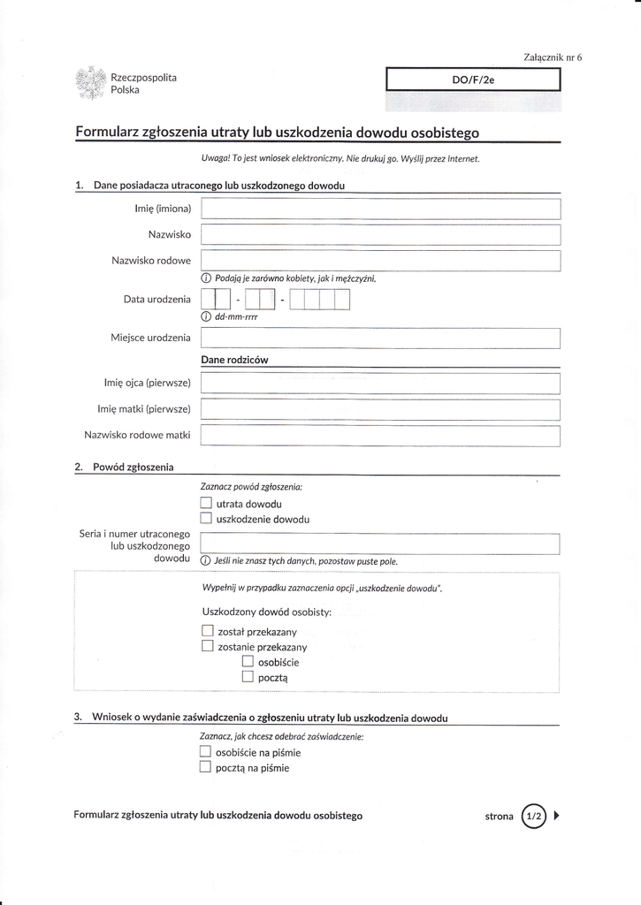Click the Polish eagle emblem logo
[91, 83]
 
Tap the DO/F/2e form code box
[474, 80]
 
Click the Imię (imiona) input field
[381, 209]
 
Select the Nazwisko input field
[381, 234]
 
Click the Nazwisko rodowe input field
[381, 261]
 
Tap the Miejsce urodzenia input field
[381, 338]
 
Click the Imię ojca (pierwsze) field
[381, 384]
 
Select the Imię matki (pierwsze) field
[381, 409]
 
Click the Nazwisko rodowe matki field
[381, 436]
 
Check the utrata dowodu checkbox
[207, 504]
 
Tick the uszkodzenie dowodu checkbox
[207, 519]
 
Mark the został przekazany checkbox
[208, 631]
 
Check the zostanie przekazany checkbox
[208, 646]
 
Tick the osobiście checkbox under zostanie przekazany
[248, 661]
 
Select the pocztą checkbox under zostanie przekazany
[248, 677]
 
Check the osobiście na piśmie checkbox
[206, 752]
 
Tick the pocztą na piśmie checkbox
[206, 767]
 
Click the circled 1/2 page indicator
[535, 816]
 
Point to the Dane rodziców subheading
[234, 360]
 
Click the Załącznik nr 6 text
[553, 57]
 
